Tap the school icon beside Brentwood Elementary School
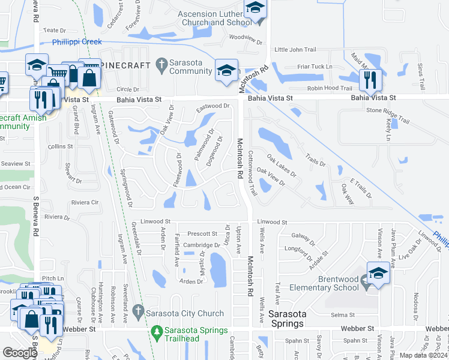click(378, 274)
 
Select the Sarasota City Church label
click(185, 313)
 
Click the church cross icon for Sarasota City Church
click(138, 311)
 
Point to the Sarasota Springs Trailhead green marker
click(157, 331)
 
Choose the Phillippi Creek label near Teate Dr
click(77, 42)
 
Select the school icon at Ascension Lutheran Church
click(255, 9)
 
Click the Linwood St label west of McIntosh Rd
click(156, 221)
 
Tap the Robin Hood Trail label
click(329, 88)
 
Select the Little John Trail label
click(295, 50)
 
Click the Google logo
click(20, 352)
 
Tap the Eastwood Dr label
click(213, 106)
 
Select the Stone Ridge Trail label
click(387, 111)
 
